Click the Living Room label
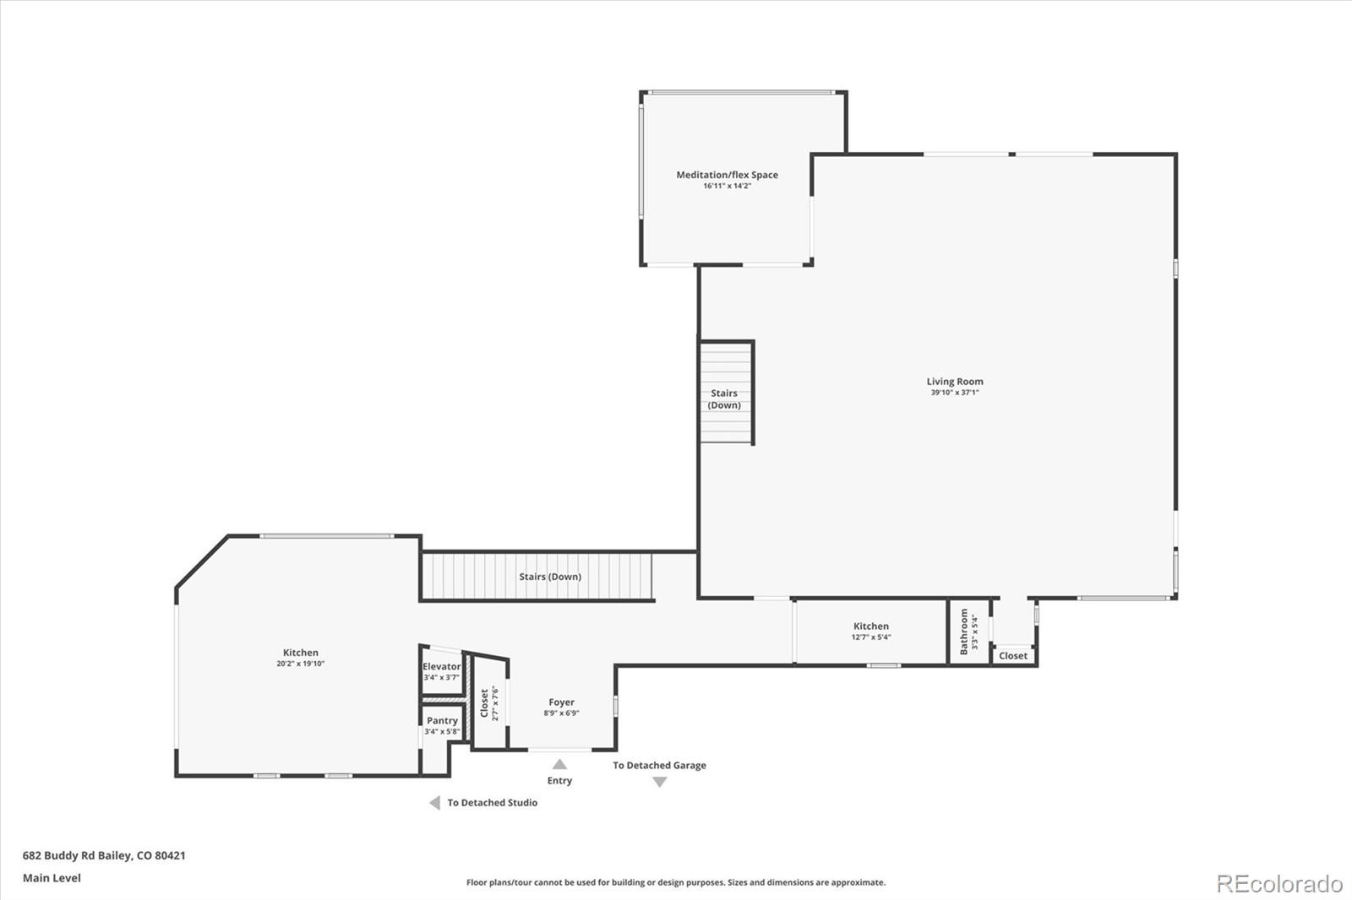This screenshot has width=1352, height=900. pyautogui.click(x=955, y=381)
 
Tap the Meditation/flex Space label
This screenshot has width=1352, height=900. pyautogui.click(x=727, y=175)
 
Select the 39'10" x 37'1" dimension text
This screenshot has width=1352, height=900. pyautogui.click(x=955, y=393)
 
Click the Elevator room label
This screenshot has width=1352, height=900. pyautogui.click(x=441, y=666)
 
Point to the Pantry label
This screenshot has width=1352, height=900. pyautogui.click(x=442, y=720)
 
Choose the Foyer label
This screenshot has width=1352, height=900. pyautogui.click(x=561, y=702)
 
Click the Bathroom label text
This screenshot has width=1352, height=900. pyautogui.click(x=963, y=632)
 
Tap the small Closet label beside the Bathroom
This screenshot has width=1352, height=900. pyautogui.click(x=1013, y=655)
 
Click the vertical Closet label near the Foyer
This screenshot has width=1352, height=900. pyautogui.click(x=484, y=702)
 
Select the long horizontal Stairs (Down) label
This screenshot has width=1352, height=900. pyautogui.click(x=550, y=577)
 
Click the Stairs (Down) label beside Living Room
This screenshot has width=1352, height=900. pyautogui.click(x=724, y=398)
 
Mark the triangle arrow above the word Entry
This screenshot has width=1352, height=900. pyautogui.click(x=559, y=764)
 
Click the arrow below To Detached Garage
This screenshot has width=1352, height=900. pyautogui.click(x=660, y=782)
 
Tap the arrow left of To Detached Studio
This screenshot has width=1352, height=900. pyautogui.click(x=434, y=803)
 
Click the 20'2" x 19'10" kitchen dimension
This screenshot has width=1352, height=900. pyautogui.click(x=300, y=664)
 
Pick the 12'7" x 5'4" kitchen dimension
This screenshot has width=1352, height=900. pyautogui.click(x=870, y=637)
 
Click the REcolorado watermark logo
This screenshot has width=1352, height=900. pyautogui.click(x=1279, y=883)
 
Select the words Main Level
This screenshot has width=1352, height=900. pyautogui.click(x=52, y=878)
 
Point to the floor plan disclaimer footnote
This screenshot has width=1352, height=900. pyautogui.click(x=676, y=882)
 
